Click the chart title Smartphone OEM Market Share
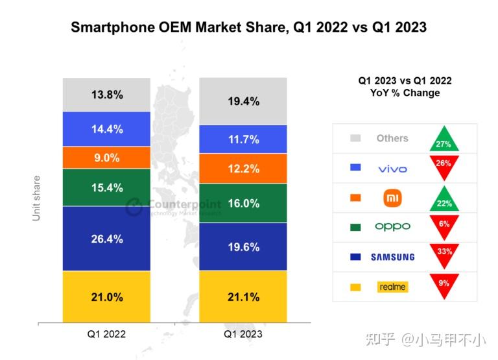click(248, 27)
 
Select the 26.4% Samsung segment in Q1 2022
click(106, 239)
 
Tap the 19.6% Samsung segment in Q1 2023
click(243, 246)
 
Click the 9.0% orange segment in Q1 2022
click(106, 158)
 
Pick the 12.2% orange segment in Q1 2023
click(243, 169)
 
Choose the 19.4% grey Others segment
click(243, 101)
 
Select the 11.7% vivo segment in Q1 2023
click(243, 139)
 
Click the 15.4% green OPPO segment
click(106, 187)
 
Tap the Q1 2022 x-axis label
click(106, 334)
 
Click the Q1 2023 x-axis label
click(243, 334)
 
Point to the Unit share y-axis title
click(36, 198)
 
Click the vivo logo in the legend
click(392, 169)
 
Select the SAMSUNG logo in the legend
click(392, 257)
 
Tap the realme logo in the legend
click(392, 287)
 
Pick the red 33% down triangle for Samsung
click(444, 254)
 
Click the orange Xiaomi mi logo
click(393, 197)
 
